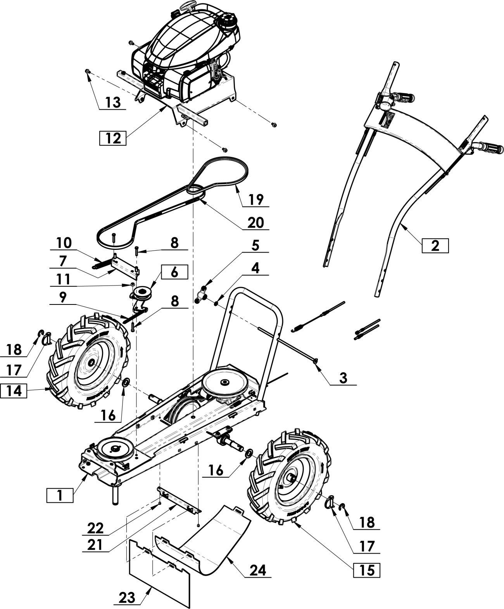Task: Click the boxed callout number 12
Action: pos(113,138)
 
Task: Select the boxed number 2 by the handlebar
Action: pos(435,246)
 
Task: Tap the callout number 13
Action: pos(113,102)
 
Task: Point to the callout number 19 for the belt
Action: pos(256,200)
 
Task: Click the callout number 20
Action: pos(255,222)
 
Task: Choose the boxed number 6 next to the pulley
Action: pos(174,272)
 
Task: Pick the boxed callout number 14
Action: pos(14,391)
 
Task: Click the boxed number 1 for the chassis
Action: pos(60,495)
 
